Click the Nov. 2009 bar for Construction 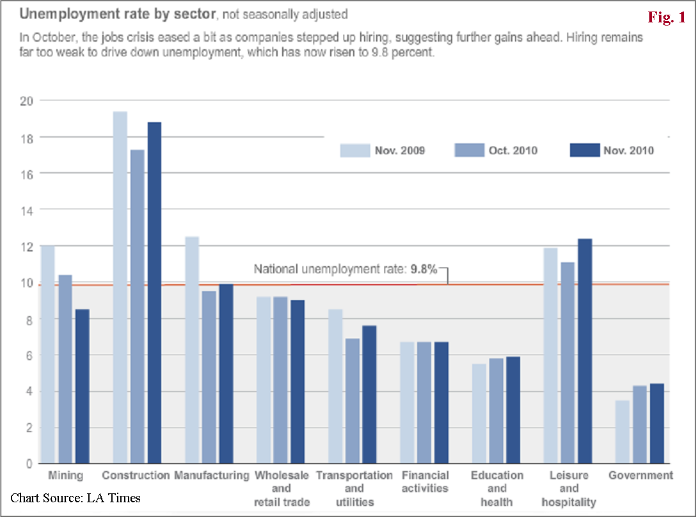click(120, 287)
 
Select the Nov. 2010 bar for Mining click(83, 386)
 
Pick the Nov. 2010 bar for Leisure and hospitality click(583, 351)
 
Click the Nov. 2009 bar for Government click(622, 432)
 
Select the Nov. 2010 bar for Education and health click(512, 410)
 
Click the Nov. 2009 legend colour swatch click(354, 150)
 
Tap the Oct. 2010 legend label click(514, 151)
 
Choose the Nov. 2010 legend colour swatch click(583, 150)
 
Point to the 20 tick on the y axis click(27, 100)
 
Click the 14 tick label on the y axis click(27, 209)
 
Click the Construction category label click(136, 475)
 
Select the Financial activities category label click(425, 482)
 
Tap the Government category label click(640, 475)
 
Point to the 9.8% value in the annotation click(423, 269)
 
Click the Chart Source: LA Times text click(75, 498)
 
